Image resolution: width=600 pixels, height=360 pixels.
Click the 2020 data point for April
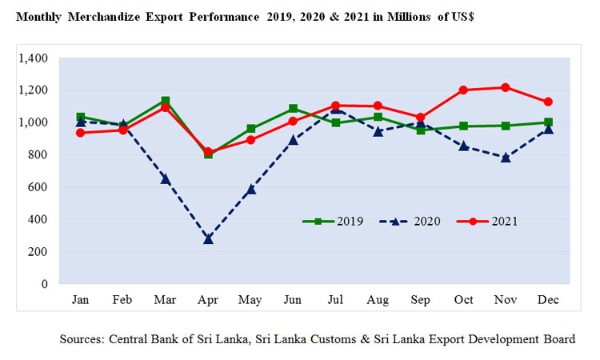(208, 238)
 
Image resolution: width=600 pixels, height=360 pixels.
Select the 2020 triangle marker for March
(166, 178)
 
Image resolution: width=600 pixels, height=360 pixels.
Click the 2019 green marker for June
(294, 108)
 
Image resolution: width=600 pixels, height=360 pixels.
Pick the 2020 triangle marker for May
(250, 189)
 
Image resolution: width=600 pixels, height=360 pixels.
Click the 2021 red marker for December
(548, 102)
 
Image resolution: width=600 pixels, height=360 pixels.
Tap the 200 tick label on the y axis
(38, 251)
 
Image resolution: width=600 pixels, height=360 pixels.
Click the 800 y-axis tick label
(38, 155)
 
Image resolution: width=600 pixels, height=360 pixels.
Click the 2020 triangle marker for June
(294, 139)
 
